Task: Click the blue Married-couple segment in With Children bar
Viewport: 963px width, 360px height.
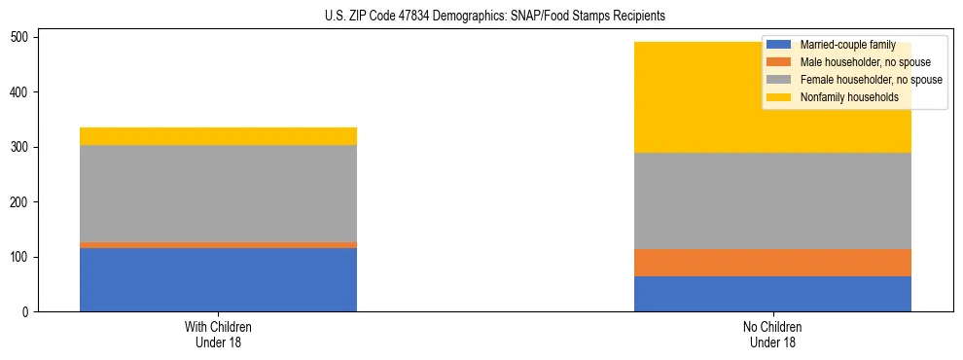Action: (x=218, y=279)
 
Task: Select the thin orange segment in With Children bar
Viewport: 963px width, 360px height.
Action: (x=218, y=245)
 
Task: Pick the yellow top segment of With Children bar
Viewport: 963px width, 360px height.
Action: (x=218, y=136)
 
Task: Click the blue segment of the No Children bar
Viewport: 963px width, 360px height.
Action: (x=772, y=294)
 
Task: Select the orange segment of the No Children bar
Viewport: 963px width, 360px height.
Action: (x=772, y=263)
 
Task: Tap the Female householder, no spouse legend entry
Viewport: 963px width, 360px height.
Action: (x=871, y=80)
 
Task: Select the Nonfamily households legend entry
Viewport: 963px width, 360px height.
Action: (x=848, y=97)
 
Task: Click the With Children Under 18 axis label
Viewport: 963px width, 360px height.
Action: (x=218, y=335)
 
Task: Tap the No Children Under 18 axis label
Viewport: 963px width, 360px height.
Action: (x=772, y=335)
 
